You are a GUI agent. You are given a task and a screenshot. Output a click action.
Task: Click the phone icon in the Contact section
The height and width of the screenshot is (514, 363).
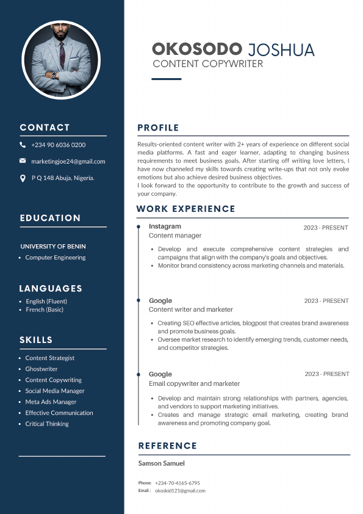click(23, 145)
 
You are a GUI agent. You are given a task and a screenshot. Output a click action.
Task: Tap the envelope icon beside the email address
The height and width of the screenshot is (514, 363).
click(23, 161)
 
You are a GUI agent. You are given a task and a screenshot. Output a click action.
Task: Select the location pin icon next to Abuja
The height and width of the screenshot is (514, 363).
click(23, 178)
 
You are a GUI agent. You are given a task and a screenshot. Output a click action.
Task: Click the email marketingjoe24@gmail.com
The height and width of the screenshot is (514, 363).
click(68, 162)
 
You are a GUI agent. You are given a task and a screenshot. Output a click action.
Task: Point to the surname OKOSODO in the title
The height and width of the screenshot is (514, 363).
click(196, 49)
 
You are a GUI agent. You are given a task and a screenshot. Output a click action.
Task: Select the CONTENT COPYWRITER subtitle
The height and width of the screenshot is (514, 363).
click(207, 64)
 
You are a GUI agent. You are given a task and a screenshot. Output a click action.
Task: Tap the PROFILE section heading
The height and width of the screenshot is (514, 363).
click(158, 128)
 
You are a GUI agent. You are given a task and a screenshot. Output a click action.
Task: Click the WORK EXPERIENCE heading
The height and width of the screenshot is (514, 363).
click(185, 209)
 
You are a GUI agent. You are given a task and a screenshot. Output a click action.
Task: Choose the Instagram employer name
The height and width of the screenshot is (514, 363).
click(165, 226)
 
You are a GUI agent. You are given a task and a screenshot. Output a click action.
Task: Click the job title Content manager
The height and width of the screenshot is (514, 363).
click(175, 236)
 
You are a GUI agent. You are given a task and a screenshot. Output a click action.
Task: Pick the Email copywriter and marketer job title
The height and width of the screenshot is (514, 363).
click(194, 384)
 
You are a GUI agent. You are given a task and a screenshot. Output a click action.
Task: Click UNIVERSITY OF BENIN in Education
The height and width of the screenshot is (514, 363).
click(53, 247)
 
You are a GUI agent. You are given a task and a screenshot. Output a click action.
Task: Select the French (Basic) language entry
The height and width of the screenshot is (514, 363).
click(45, 309)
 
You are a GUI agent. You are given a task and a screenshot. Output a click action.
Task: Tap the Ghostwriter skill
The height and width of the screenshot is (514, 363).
click(41, 369)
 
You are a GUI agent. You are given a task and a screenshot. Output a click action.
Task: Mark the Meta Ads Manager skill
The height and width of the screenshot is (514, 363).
click(51, 402)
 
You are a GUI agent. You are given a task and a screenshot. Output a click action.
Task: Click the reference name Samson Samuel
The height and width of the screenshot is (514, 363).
click(161, 463)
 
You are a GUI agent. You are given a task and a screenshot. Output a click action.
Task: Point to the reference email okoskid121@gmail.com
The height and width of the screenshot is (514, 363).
click(180, 491)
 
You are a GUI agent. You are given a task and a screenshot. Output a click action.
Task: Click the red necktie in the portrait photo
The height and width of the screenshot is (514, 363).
click(62, 61)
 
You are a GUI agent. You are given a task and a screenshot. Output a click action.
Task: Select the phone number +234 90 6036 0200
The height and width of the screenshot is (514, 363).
click(59, 145)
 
